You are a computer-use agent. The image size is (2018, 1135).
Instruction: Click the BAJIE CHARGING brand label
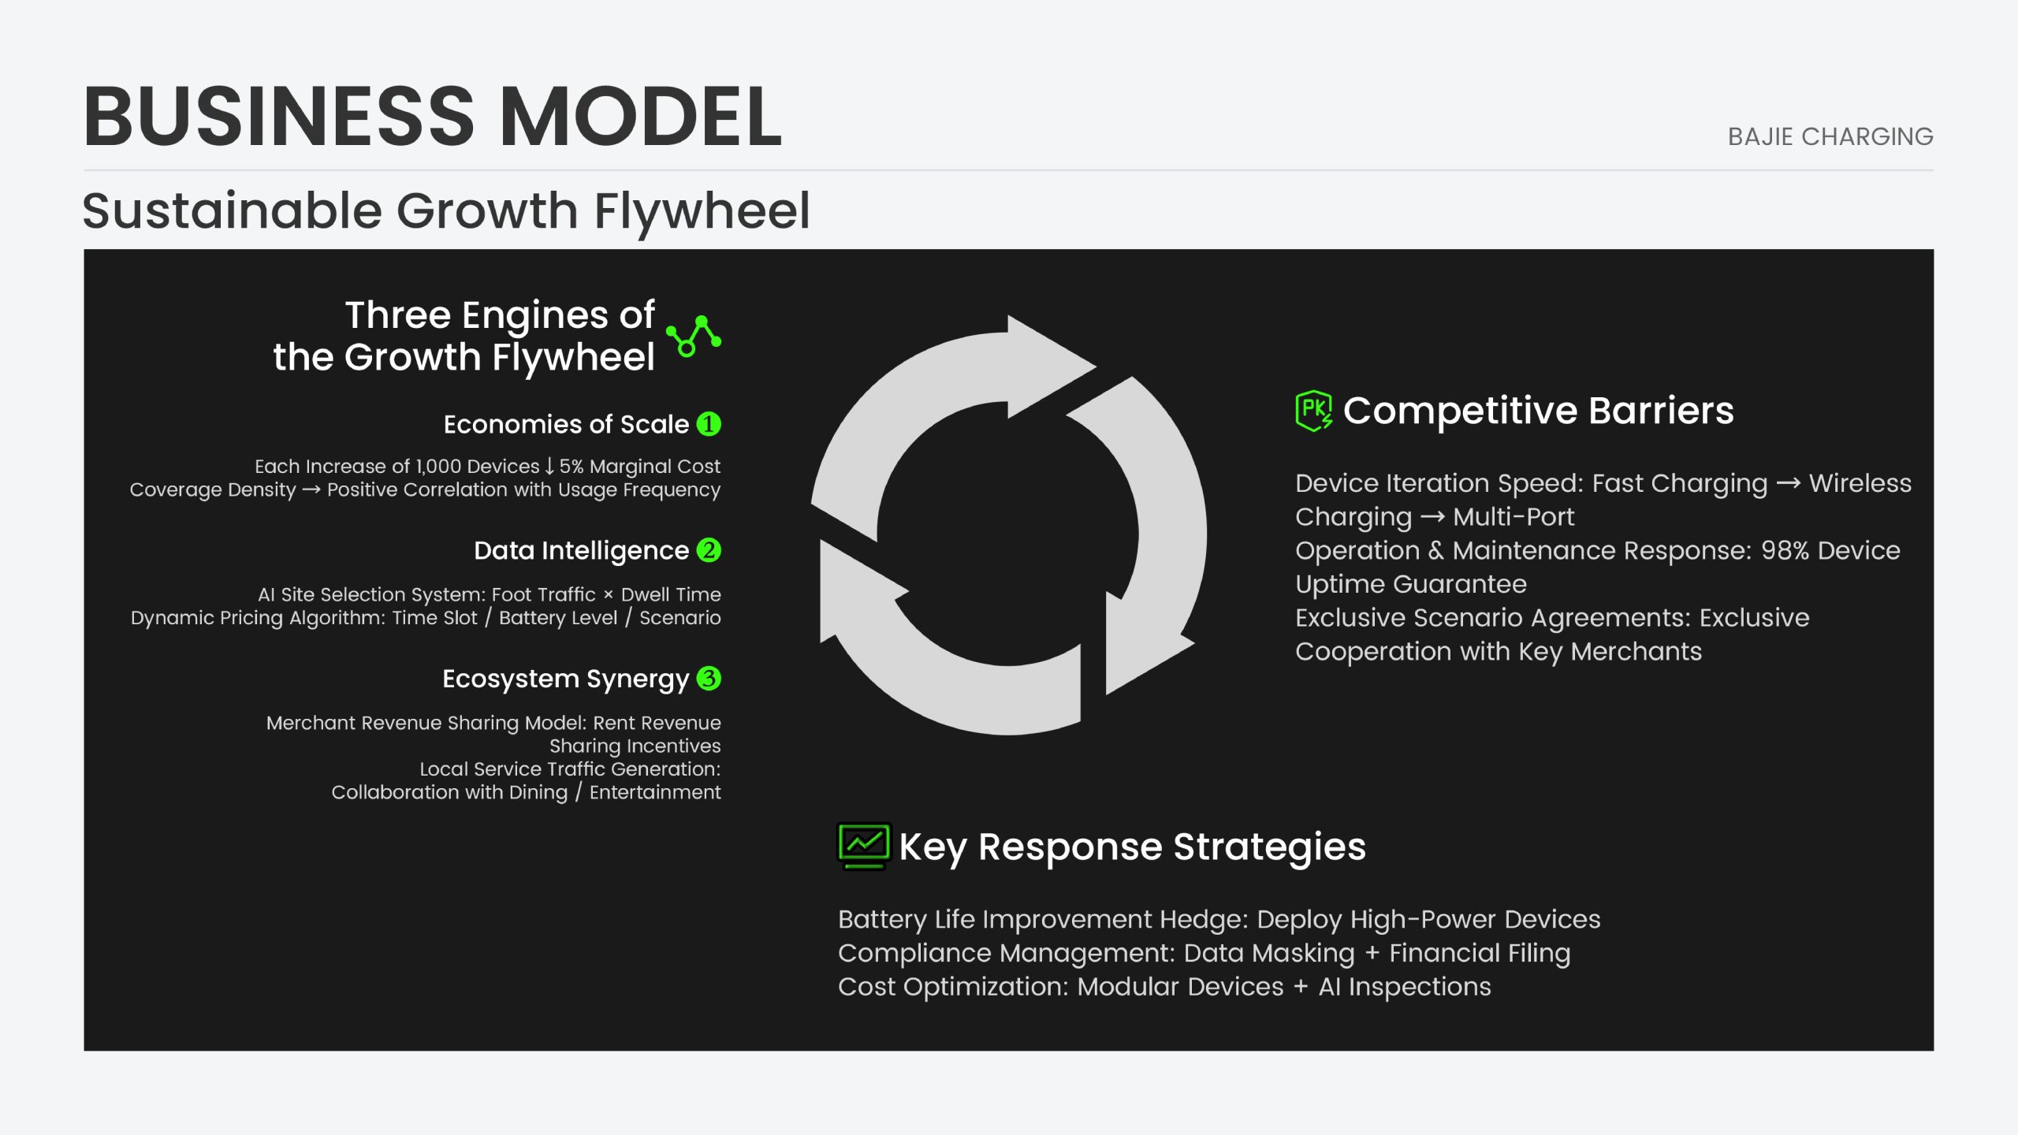(x=1830, y=136)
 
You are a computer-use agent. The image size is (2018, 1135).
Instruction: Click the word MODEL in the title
(x=641, y=117)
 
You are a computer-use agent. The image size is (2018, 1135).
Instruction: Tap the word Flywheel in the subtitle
(x=702, y=211)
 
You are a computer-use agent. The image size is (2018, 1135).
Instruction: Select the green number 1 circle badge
(x=709, y=424)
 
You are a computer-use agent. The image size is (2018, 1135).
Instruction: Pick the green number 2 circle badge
(x=709, y=550)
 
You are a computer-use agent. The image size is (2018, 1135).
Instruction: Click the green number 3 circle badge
(x=709, y=678)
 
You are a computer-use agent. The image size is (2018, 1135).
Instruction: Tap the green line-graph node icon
(x=694, y=337)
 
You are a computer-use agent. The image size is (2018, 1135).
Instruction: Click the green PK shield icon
(x=1314, y=411)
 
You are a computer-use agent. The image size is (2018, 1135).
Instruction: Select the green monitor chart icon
(x=864, y=847)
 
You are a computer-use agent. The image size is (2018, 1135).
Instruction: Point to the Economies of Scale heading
(x=566, y=424)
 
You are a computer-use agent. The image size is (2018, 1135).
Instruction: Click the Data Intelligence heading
(x=581, y=550)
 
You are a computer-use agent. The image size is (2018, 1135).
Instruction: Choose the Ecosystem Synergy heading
(x=565, y=679)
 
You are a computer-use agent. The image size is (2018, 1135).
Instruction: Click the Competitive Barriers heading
(x=1538, y=411)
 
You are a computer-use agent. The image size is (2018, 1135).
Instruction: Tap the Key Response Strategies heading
(x=1132, y=847)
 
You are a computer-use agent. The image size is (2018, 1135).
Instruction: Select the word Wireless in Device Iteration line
(x=1860, y=483)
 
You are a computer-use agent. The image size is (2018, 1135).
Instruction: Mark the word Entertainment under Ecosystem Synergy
(x=655, y=792)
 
